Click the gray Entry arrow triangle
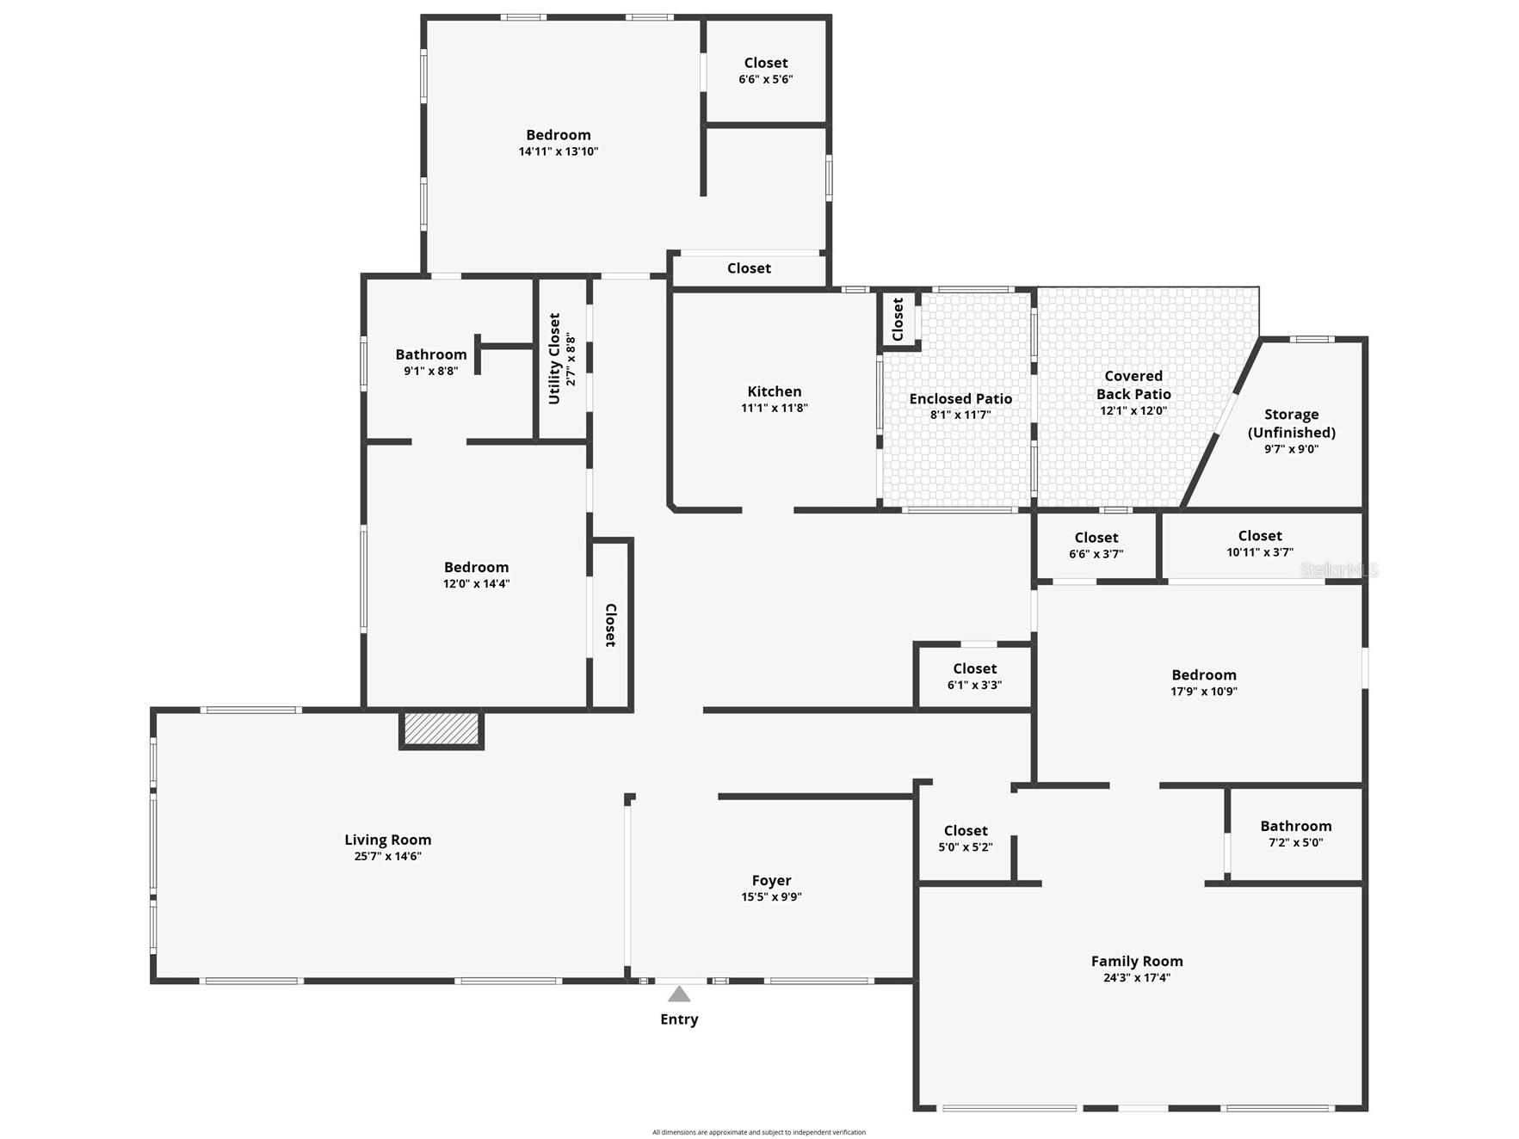679,994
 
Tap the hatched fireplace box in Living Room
441,729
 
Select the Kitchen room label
775,391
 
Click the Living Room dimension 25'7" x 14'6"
387,856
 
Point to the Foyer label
771,881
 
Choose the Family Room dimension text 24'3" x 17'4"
1137,977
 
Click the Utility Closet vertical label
554,359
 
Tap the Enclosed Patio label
960,398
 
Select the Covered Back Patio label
1133,385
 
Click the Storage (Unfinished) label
1291,423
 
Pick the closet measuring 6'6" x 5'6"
766,71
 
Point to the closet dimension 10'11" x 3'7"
1260,552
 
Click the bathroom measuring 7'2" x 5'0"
1296,834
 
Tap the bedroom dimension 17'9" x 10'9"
1204,691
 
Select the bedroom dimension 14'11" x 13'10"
559,151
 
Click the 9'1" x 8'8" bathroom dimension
431,371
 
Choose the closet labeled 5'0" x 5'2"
966,838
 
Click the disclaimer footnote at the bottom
759,1132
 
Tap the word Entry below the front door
679,1019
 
